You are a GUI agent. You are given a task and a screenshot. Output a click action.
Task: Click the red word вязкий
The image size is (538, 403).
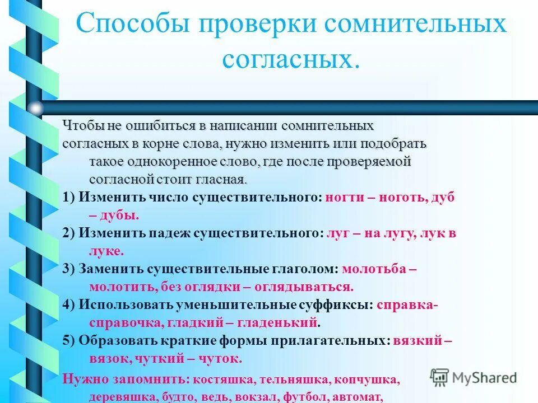(x=418, y=341)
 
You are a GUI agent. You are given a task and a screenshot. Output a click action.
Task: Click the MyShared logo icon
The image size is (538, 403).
(x=440, y=377)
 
